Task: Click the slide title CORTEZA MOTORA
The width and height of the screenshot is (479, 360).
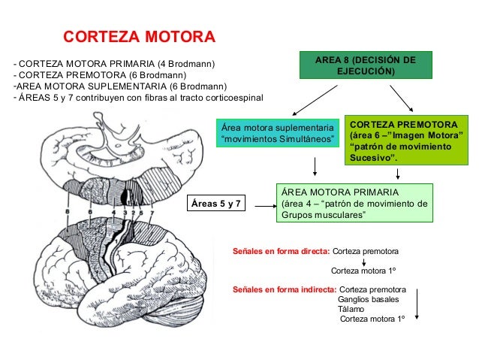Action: pos(138,37)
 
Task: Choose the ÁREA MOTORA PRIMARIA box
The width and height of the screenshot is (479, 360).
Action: pos(352,203)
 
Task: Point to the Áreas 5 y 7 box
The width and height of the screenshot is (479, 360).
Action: pos(218,203)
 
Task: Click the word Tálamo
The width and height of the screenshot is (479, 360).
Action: pos(351,309)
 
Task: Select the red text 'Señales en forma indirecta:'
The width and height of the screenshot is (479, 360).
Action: pos(285,289)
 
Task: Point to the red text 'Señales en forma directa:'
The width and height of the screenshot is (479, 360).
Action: pos(281,250)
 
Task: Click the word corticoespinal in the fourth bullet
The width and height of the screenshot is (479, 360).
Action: pos(221,98)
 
